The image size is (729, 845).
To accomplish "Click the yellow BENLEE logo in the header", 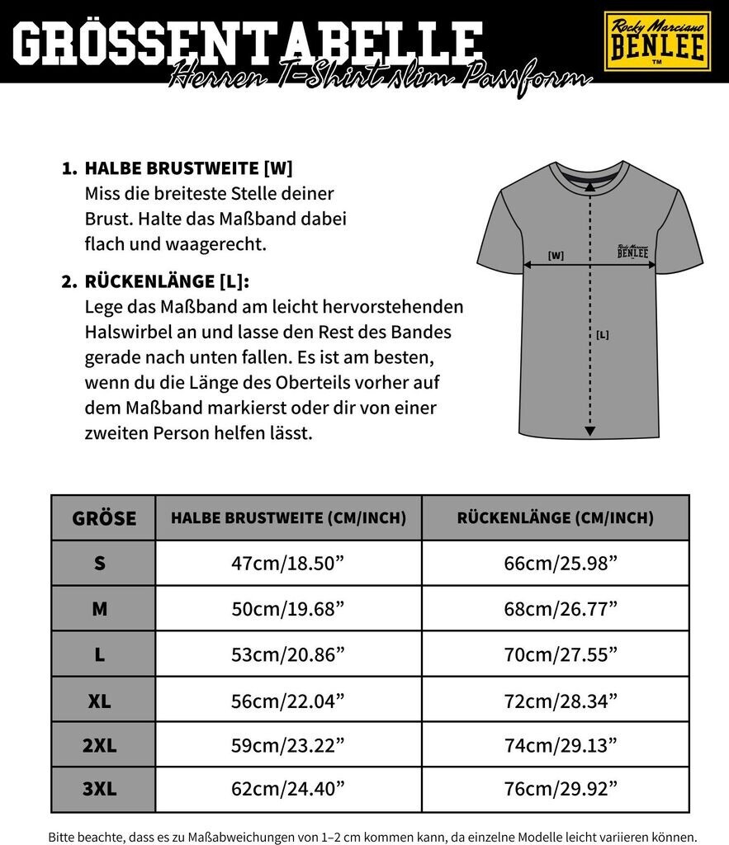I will click(657, 41).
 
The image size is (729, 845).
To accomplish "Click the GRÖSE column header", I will click(104, 518).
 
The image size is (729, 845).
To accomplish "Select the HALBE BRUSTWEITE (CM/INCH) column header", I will click(288, 518).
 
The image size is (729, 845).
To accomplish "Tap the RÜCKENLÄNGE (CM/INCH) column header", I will click(555, 518).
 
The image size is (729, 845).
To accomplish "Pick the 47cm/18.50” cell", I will click(288, 564).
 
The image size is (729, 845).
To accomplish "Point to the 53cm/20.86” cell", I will click(288, 655).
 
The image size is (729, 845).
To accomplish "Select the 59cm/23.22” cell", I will click(288, 746).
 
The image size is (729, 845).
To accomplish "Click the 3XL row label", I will click(100, 790).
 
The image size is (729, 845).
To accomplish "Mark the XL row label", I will click(100, 701).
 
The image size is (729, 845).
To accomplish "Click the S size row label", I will click(100, 564).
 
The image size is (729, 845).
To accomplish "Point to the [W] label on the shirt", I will click(556, 256).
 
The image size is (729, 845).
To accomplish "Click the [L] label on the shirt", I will click(602, 335).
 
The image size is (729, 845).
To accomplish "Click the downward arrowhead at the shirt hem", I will click(589, 430).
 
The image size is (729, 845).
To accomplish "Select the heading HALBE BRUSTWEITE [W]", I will click(188, 168).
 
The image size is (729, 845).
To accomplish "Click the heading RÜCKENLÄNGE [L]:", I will click(166, 281).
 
